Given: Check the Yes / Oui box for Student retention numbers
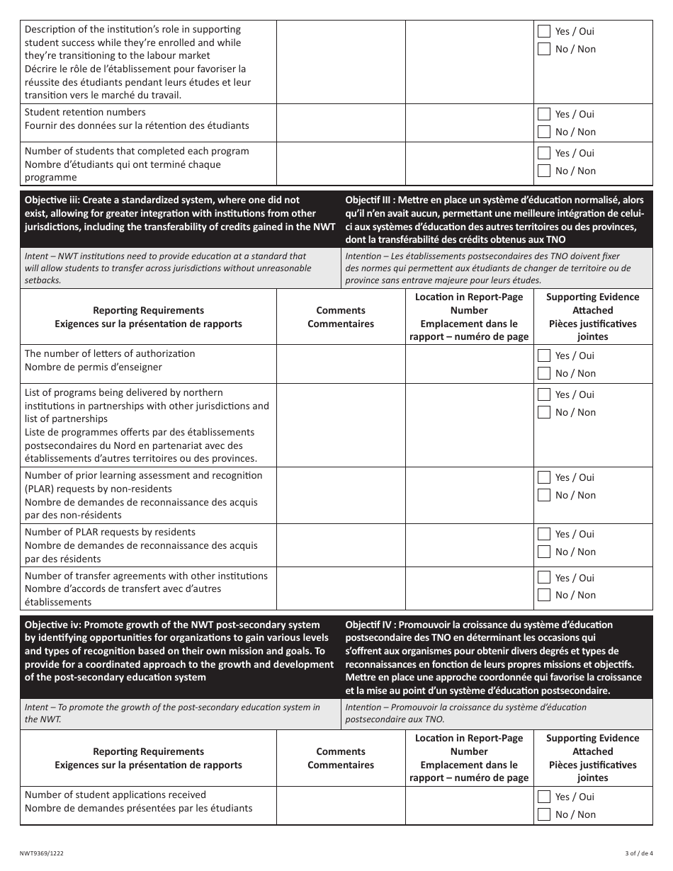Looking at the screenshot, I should click(x=544, y=114).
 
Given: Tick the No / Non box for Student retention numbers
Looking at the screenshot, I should click(x=544, y=132).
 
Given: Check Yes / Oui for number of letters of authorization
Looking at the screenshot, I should click(x=544, y=355).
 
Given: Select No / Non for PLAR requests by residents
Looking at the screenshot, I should click(x=544, y=552).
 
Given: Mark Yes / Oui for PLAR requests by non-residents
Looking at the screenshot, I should click(x=544, y=477).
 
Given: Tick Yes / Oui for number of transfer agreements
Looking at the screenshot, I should click(x=544, y=578).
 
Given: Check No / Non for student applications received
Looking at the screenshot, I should click(x=544, y=814).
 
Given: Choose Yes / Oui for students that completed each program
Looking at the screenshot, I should click(x=544, y=153).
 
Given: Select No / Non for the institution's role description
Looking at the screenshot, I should click(x=544, y=49).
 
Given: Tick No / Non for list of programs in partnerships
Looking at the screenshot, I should click(x=544, y=412).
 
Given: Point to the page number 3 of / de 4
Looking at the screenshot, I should click(x=635, y=854).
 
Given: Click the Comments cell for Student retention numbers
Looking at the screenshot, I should click(x=341, y=123).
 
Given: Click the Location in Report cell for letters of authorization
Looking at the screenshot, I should click(x=469, y=364).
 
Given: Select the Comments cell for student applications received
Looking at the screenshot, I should click(x=341, y=806).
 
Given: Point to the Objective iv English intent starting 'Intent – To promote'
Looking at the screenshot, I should click(x=172, y=713).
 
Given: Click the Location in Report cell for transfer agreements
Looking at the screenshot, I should click(x=469, y=589).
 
